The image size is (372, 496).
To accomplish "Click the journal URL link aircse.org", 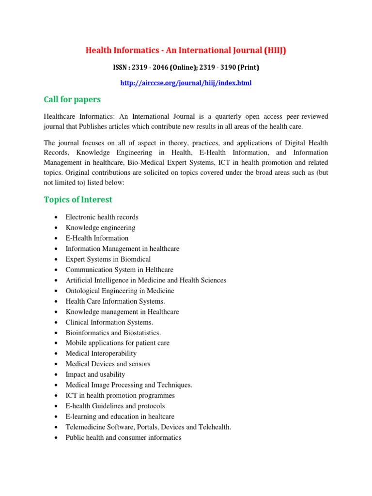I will click(x=186, y=83).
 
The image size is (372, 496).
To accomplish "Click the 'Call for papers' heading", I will click(x=72, y=99).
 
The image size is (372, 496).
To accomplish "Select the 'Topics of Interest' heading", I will click(x=78, y=200).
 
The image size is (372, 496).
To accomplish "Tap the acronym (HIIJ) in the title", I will click(x=275, y=50).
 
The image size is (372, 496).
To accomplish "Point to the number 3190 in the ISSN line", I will click(x=227, y=67).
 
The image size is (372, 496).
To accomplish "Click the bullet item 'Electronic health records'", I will click(x=102, y=217).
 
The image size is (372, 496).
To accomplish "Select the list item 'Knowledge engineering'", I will click(x=100, y=228).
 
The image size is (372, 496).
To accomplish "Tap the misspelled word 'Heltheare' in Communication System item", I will click(x=158, y=270).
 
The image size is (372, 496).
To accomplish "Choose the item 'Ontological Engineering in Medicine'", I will click(x=120, y=291).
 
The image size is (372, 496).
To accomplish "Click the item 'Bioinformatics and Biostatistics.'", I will click(x=113, y=333).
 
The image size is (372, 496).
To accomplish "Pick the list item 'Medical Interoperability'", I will click(x=101, y=354).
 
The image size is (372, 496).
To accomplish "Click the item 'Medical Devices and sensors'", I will click(x=108, y=364).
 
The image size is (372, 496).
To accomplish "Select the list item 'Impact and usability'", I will click(x=95, y=374).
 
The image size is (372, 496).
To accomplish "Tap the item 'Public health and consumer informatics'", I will click(x=123, y=437).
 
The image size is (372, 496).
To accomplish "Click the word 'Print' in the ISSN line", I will click(x=248, y=67).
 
